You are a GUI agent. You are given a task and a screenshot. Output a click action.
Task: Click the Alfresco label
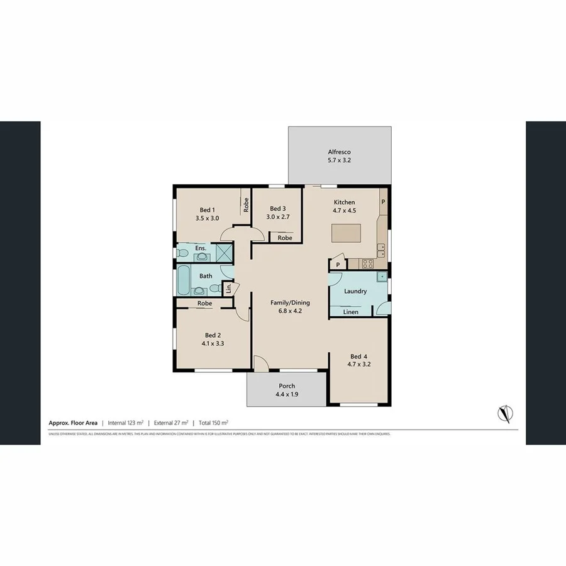[338, 152]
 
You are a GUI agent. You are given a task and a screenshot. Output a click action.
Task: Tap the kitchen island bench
[345, 233]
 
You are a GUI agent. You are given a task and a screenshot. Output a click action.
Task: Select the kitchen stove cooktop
[368, 264]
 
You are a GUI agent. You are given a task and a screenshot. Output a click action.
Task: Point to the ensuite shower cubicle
[224, 252]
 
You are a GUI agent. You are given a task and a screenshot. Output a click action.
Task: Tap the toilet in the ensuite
[182, 253]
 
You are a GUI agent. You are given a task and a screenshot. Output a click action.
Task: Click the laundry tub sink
[381, 277]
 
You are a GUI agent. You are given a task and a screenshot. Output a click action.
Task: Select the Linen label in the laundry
[351, 312]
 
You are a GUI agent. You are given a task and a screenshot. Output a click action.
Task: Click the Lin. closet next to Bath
[230, 288]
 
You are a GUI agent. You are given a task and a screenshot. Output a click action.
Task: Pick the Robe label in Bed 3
[285, 238]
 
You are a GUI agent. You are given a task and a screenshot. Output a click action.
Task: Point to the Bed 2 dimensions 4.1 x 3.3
[213, 344]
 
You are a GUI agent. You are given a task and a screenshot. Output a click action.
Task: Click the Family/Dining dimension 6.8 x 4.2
[290, 311]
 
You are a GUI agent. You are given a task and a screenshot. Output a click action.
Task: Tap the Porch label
[286, 386]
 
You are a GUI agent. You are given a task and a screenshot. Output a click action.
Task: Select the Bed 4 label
[358, 355]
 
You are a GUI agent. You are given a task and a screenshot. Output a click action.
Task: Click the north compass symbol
[504, 413]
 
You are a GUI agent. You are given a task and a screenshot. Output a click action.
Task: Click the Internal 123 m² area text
[126, 423]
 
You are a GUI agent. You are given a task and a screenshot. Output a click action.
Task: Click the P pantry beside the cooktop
[338, 265]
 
